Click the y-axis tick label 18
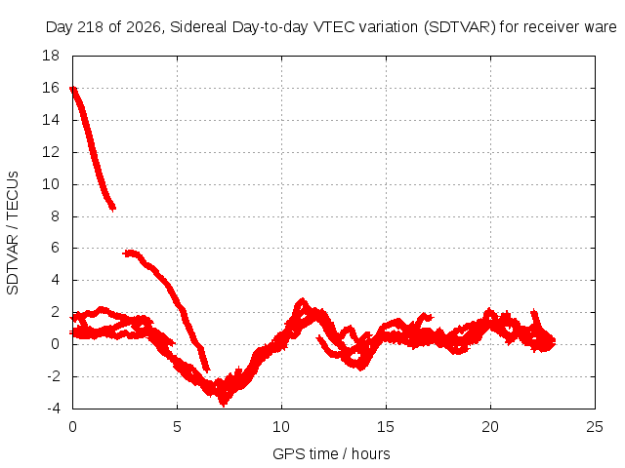51,56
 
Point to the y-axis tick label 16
51,88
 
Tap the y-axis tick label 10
51,184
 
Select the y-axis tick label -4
53,409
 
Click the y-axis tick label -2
53,376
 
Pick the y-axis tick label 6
55,248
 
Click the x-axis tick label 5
177,427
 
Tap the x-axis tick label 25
595,427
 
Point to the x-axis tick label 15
386,427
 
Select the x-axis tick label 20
490,427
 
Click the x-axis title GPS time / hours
331,454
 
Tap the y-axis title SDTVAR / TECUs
13,233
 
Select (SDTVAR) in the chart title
459,27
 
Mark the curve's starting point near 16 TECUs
72,89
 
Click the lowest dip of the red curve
224,406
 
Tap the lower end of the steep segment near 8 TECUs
113,208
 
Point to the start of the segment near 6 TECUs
125,253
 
